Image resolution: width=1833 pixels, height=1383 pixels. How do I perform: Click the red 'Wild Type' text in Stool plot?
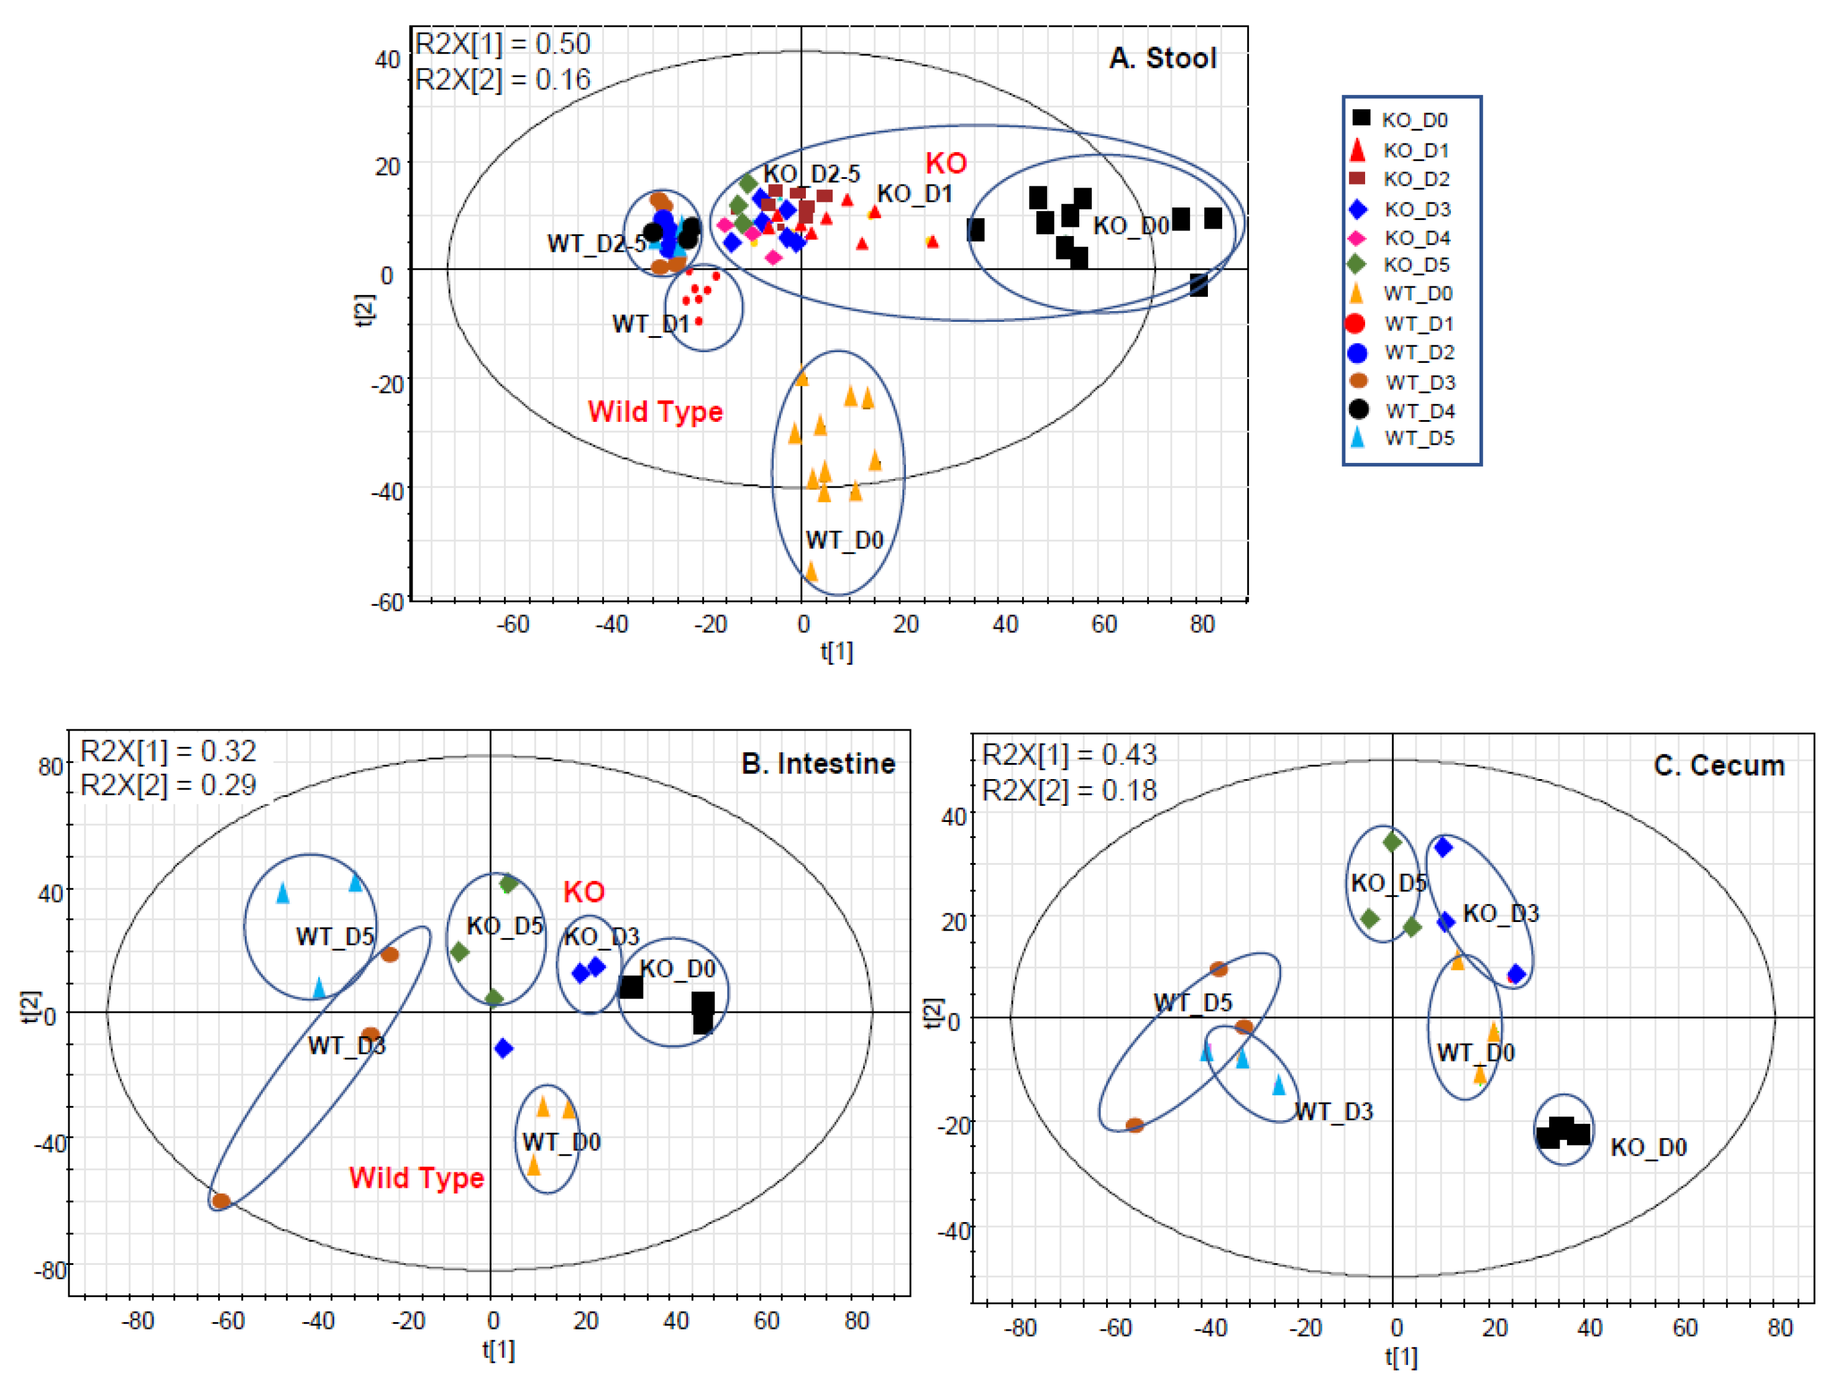click(655, 412)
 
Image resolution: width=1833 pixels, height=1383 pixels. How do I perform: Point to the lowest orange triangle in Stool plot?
click(811, 571)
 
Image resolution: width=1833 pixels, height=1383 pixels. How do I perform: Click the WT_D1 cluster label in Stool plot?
click(651, 324)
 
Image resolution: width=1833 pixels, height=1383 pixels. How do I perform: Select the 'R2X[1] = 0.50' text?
click(502, 44)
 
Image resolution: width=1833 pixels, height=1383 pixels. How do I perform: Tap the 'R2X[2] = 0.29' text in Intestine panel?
click(168, 785)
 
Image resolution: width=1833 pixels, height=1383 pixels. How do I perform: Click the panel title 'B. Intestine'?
click(818, 763)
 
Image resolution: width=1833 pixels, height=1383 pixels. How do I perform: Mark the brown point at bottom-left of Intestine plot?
click(221, 1201)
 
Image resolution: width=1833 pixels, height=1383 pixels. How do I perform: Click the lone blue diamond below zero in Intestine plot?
click(503, 1048)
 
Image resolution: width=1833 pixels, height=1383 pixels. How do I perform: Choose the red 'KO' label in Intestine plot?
click(584, 892)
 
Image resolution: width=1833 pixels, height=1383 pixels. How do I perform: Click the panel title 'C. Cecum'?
click(1719, 765)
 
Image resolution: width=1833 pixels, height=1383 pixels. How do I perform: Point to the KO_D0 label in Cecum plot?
click(1648, 1148)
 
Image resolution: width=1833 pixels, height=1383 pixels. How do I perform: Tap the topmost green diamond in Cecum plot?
click(1392, 842)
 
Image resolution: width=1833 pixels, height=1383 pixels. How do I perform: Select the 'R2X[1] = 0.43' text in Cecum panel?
click(1069, 755)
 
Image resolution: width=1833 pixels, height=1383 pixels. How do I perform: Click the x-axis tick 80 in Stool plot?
click(1202, 624)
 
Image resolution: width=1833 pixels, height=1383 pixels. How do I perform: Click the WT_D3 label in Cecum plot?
click(1333, 1111)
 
